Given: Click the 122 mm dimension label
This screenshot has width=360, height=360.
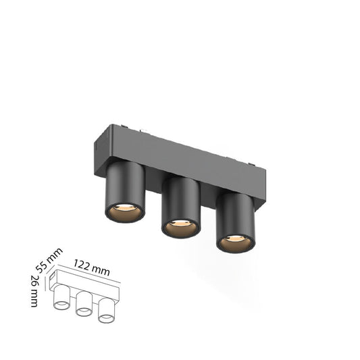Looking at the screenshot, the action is (91, 267).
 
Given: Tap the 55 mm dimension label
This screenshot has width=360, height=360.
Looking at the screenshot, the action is (49, 260).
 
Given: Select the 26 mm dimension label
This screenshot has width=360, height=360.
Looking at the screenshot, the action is (35, 290).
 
